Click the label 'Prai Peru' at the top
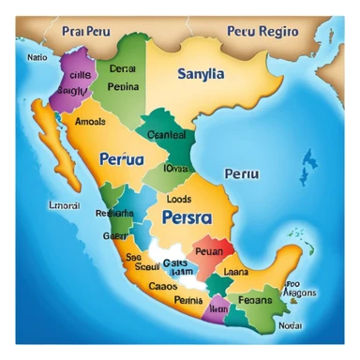[x=85, y=31]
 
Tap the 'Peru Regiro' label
[x=262, y=31]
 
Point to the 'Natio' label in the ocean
[x=37, y=57]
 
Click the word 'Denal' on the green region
[x=122, y=68]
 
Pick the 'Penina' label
[x=123, y=86]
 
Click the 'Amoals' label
[x=90, y=122]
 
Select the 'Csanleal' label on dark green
[x=168, y=134]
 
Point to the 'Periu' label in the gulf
[x=242, y=174]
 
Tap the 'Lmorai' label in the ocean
[x=37, y=204]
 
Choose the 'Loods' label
[x=178, y=199]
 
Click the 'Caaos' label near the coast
[x=163, y=286]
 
